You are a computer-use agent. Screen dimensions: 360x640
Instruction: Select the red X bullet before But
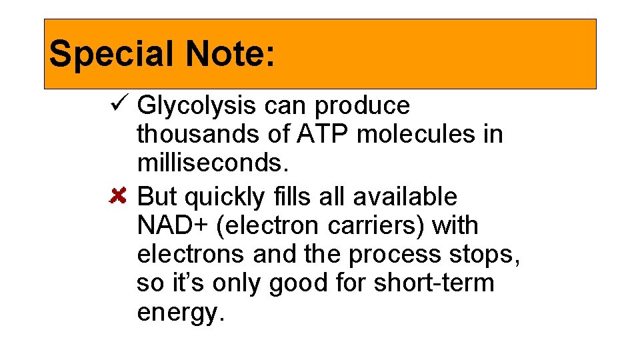(x=118, y=197)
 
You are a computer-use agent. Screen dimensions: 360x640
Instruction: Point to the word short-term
(x=434, y=283)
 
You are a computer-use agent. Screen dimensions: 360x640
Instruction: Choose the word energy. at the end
(x=179, y=313)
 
